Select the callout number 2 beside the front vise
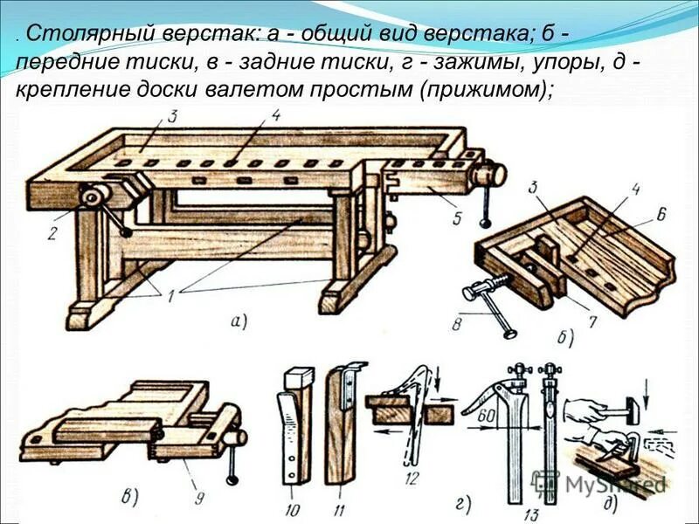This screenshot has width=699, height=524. click(x=52, y=232)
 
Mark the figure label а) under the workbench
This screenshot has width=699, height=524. click(x=239, y=322)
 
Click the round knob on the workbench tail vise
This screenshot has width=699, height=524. click(x=492, y=173)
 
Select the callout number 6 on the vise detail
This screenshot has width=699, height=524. click(x=661, y=214)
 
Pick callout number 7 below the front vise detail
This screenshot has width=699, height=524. click(x=592, y=322)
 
